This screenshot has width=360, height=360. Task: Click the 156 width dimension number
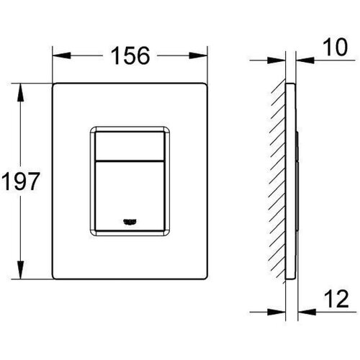(x=130, y=55)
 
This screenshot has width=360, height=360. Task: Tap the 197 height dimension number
(x=20, y=181)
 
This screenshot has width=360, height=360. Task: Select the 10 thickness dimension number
(x=335, y=48)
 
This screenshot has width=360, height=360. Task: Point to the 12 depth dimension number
(x=336, y=299)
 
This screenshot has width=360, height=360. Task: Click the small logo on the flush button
(x=130, y=222)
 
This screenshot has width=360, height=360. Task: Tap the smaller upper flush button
(x=130, y=145)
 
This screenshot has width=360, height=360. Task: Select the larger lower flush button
(x=130, y=196)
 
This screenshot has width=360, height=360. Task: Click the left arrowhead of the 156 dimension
(x=62, y=55)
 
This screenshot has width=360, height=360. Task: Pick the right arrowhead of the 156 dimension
(x=198, y=55)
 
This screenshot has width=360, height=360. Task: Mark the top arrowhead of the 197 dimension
(x=20, y=92)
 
